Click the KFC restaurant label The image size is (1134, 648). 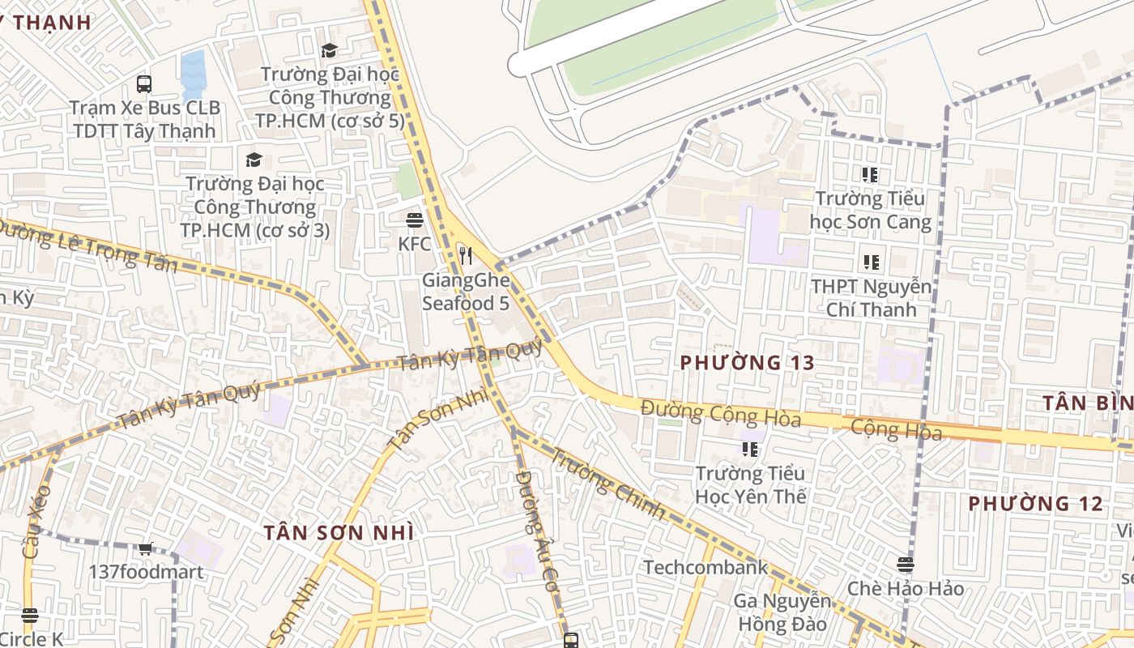pyautogui.click(x=415, y=243)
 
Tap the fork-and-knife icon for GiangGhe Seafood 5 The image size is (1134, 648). pyautogui.click(x=466, y=257)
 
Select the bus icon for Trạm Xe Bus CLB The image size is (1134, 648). pyautogui.click(x=144, y=83)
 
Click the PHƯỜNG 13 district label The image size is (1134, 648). pyautogui.click(x=747, y=363)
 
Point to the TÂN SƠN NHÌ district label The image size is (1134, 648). pyautogui.click(x=339, y=532)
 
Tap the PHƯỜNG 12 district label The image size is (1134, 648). pyautogui.click(x=1035, y=504)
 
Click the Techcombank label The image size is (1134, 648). pyautogui.click(x=706, y=567)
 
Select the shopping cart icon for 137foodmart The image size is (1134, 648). pyautogui.click(x=146, y=549)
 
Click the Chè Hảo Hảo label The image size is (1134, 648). pyautogui.click(x=906, y=588)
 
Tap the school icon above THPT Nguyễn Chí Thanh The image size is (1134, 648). pyautogui.click(x=871, y=262)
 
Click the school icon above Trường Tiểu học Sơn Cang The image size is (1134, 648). pyautogui.click(x=870, y=174)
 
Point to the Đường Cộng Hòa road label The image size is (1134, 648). pyautogui.click(x=720, y=414)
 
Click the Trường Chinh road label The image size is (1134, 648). pyautogui.click(x=608, y=484)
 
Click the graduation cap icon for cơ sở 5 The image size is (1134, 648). pyautogui.click(x=329, y=51)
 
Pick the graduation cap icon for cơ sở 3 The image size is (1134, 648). pyautogui.click(x=254, y=160)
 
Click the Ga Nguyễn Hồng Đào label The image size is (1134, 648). pyautogui.click(x=782, y=612)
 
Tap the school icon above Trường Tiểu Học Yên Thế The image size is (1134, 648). pyautogui.click(x=750, y=449)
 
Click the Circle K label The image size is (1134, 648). pyautogui.click(x=31, y=639)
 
